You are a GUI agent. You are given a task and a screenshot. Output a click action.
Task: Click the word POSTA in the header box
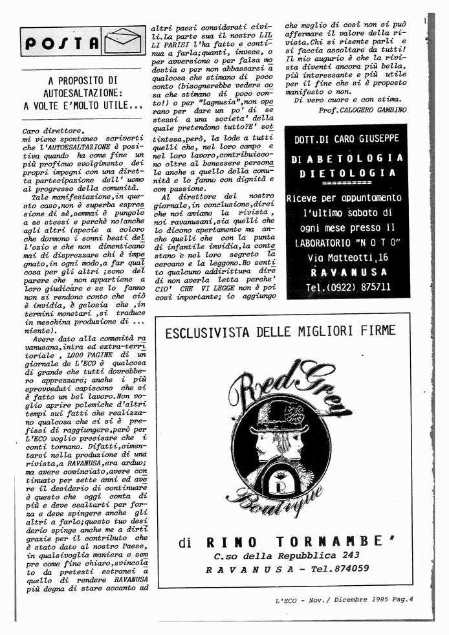click(62, 43)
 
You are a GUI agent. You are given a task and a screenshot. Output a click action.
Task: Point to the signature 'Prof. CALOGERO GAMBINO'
click(363, 110)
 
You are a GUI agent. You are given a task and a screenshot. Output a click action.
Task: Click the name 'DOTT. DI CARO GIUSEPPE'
click(347, 139)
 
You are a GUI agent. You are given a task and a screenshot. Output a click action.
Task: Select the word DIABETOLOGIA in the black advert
click(347, 159)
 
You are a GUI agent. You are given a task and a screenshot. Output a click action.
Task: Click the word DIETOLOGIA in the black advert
click(347, 173)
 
